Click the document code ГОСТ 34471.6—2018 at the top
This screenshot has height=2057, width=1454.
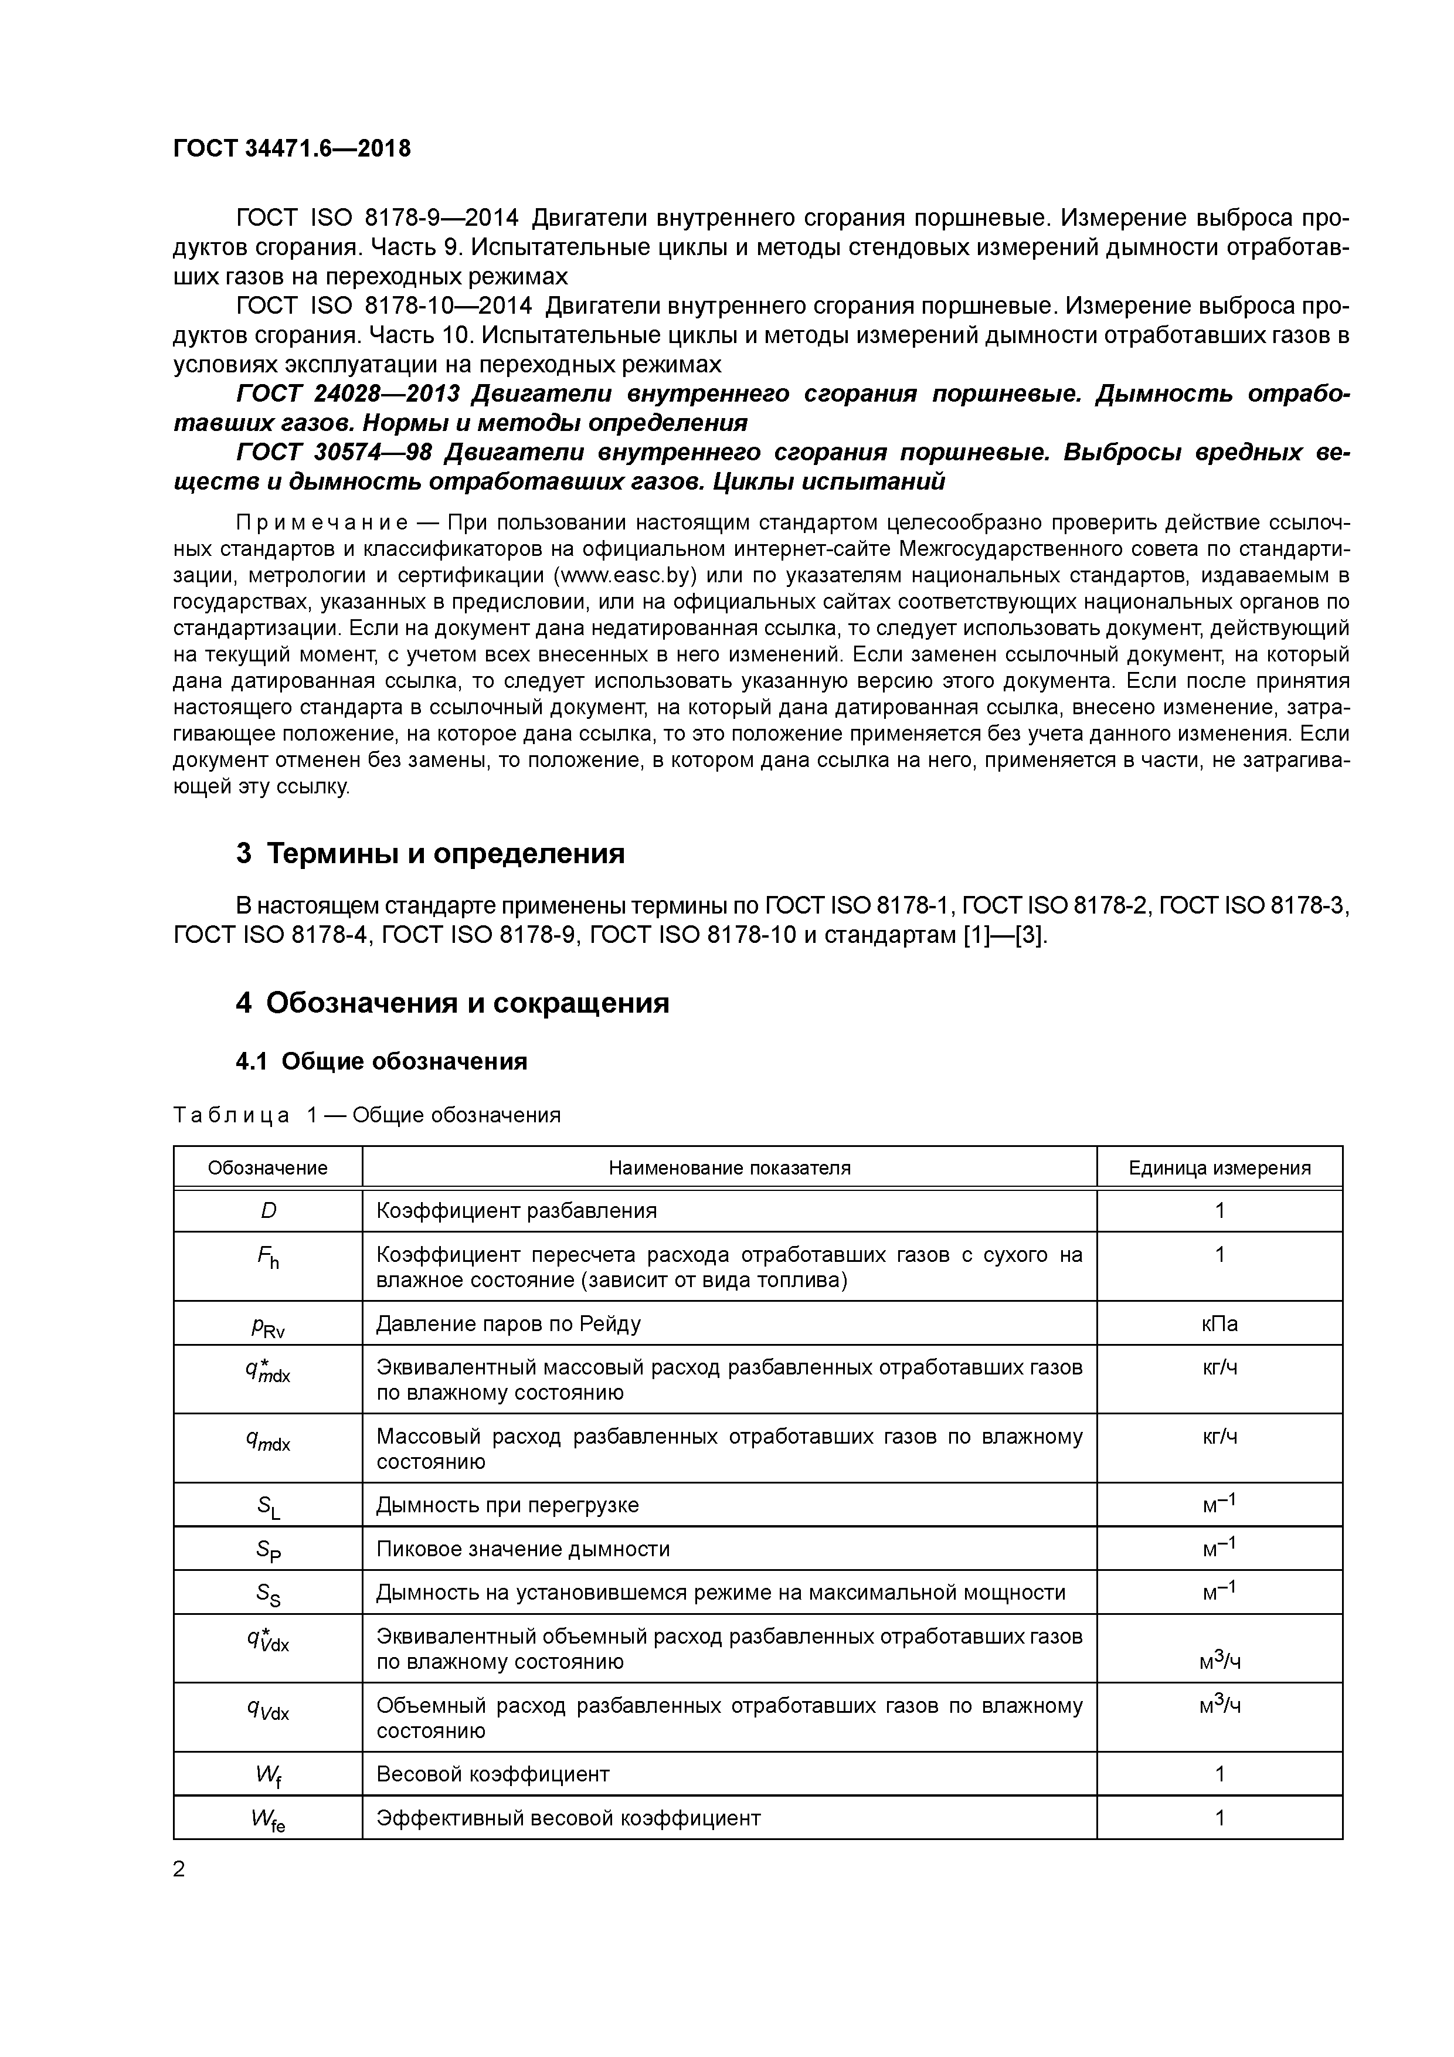(x=291, y=149)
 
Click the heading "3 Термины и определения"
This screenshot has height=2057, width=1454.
(x=430, y=853)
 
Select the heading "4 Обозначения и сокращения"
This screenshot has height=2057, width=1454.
(x=453, y=1003)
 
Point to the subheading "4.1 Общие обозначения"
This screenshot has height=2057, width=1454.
(x=381, y=1062)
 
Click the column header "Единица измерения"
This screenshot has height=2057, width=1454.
(x=1219, y=1168)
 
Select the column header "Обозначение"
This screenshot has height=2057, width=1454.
(x=268, y=1168)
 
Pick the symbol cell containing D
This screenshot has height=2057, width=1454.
(x=268, y=1211)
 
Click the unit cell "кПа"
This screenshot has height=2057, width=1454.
(x=1219, y=1324)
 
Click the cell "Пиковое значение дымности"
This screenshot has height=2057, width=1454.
(x=522, y=1549)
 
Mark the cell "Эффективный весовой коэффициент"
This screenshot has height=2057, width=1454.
(x=568, y=1819)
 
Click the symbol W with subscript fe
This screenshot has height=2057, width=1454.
(x=268, y=1820)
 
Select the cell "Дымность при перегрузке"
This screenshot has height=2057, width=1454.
(x=507, y=1505)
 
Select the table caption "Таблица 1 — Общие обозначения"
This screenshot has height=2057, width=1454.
(x=366, y=1115)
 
